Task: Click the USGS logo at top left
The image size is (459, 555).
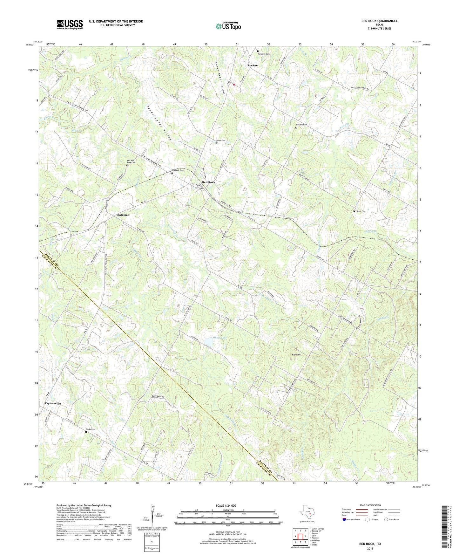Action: tap(70, 24)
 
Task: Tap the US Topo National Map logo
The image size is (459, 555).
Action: tap(228, 26)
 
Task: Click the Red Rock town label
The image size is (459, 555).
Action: tap(209, 182)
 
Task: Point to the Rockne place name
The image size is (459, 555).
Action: tap(253, 65)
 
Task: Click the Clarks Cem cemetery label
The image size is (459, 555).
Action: tap(91, 429)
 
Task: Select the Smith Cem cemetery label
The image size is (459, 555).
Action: tap(361, 211)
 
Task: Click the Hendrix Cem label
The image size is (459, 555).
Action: tap(301, 125)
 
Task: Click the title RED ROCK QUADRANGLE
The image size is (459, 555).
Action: tap(379, 21)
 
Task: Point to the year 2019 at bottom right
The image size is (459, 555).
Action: tap(370, 549)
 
